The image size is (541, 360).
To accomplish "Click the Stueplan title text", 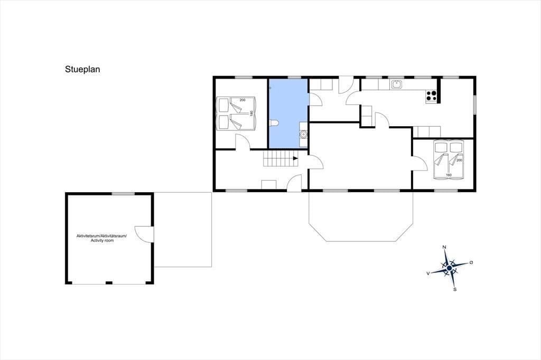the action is (x=82, y=69).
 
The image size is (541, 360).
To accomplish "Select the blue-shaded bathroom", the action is (x=288, y=113).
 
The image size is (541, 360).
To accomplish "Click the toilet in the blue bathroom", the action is (x=274, y=122).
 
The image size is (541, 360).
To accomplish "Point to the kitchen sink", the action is (x=397, y=84).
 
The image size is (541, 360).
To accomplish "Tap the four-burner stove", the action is (x=432, y=96).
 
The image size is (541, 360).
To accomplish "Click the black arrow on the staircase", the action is (x=295, y=158).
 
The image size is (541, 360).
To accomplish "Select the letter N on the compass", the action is (x=445, y=247).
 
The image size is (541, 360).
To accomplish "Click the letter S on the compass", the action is (x=455, y=289).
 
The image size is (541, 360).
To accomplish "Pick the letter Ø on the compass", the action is (x=471, y=263).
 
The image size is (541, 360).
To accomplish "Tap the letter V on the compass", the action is (x=428, y=273).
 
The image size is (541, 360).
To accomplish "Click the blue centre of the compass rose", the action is (x=449, y=268).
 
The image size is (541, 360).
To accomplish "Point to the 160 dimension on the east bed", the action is (x=449, y=175).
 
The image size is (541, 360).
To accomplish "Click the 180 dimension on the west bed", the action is (x=251, y=113).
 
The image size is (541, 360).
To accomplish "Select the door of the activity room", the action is (x=144, y=234).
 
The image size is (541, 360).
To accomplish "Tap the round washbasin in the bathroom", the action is (x=303, y=134).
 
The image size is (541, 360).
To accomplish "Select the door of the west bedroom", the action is (x=243, y=141).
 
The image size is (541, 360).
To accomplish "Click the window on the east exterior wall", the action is (x=474, y=104).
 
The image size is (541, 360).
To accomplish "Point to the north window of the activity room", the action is (x=123, y=194).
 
